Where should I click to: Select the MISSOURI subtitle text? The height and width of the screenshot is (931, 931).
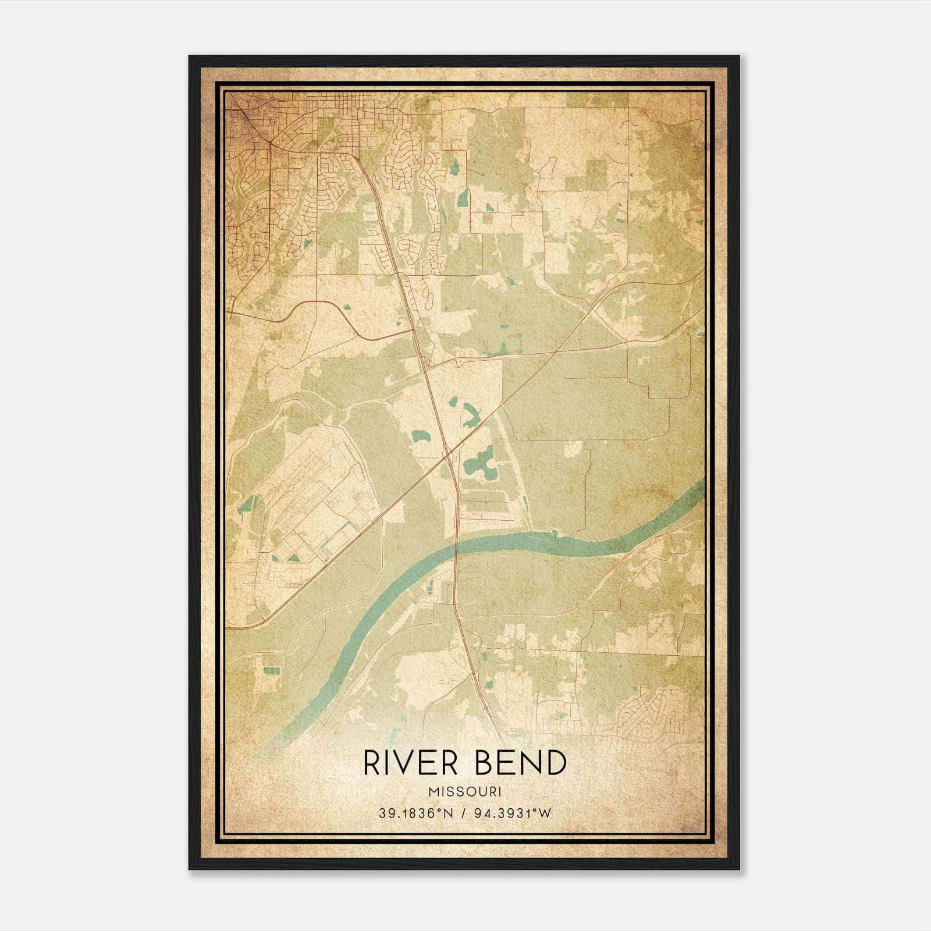pyautogui.click(x=465, y=792)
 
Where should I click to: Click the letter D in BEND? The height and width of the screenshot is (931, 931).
pyautogui.click(x=555, y=763)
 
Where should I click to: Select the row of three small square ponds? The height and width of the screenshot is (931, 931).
pyautogui.click(x=272, y=670)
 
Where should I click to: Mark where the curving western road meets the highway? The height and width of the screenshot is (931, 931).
pyautogui.click(x=414, y=331)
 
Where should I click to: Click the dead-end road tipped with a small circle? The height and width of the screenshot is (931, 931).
pyautogui.click(x=484, y=173)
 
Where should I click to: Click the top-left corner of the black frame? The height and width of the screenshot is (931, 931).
pyautogui.click(x=190, y=56)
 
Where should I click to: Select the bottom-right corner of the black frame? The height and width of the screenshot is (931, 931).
pyautogui.click(x=738, y=869)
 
